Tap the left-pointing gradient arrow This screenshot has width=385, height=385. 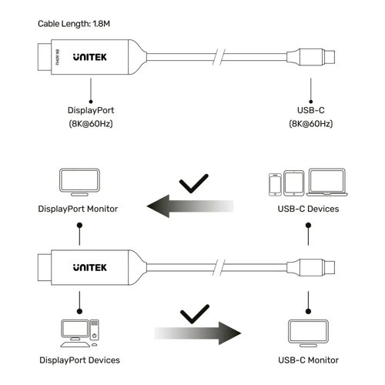[189, 206]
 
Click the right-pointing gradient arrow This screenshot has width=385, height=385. [197, 333]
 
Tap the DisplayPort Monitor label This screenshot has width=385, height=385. [78, 209]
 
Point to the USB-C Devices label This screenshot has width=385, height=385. [308, 209]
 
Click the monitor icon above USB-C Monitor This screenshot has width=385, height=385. [308, 331]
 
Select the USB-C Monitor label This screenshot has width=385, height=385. [308, 359]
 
